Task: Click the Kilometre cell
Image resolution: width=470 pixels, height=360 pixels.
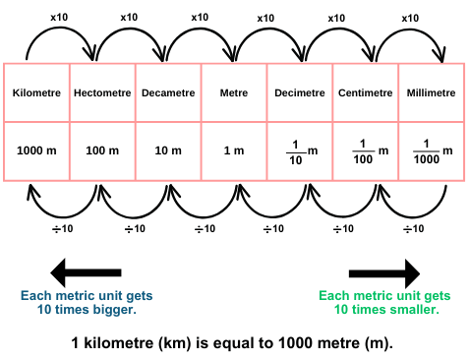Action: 37,93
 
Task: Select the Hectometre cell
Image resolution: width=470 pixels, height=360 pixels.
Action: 102,93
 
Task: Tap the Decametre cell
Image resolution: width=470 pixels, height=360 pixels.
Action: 168,93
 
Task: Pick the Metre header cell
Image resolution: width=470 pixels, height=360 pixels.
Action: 234,93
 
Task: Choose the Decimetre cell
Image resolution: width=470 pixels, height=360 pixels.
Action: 300,93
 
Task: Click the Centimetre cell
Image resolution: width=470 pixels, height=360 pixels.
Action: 366,93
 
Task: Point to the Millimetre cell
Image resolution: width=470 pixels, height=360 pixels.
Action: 431,93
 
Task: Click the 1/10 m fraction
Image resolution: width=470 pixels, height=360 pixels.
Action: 299,151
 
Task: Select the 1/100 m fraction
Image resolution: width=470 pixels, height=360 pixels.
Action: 366,151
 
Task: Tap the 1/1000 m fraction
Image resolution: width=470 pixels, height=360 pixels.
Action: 431,151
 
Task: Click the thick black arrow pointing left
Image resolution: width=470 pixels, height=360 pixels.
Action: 86,272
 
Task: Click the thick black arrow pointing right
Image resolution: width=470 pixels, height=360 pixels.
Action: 383,272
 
